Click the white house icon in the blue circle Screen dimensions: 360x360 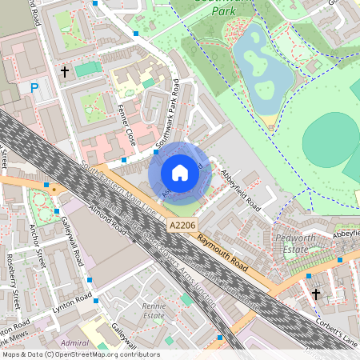pos(180,173)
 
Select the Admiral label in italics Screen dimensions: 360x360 pos(75,342)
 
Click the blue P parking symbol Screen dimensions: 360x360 pos(34,87)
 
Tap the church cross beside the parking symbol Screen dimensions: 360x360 pos(65,72)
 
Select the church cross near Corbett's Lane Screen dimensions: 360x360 pos(316,294)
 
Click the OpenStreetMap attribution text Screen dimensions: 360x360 pos(80,354)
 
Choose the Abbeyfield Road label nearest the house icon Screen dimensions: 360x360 pos(241,190)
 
